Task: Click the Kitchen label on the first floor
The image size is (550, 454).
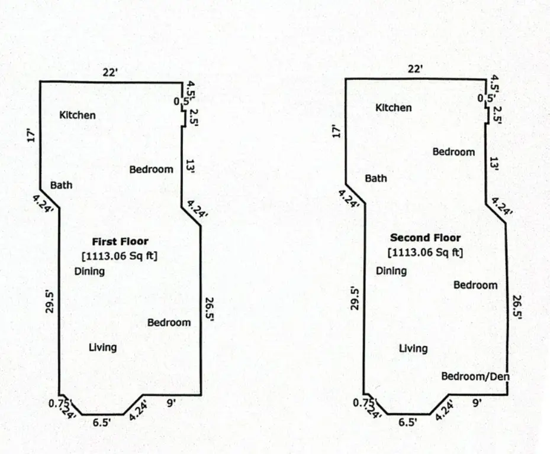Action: [x=78, y=115]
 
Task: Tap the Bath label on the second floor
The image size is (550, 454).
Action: [x=376, y=178]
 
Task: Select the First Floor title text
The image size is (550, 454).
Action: [x=120, y=241]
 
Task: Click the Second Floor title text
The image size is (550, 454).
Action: [x=425, y=238]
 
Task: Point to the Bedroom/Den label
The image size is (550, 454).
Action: [x=476, y=377]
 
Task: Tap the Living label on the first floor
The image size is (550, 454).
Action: [x=102, y=347]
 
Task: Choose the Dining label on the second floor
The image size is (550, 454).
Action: [x=391, y=271]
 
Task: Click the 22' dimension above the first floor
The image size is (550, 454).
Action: [x=110, y=73]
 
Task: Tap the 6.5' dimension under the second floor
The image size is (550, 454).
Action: [x=407, y=422]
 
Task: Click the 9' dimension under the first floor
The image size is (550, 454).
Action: [x=172, y=403]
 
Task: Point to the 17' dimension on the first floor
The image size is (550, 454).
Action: [x=32, y=135]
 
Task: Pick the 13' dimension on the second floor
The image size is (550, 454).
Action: [x=494, y=164]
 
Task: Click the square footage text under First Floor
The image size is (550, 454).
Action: [x=120, y=256]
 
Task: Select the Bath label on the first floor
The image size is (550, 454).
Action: [x=61, y=185]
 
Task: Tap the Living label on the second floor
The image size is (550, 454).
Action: [x=413, y=348]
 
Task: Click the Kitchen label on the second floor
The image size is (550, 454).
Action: [x=394, y=108]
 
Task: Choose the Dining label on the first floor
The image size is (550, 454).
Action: [x=89, y=271]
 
